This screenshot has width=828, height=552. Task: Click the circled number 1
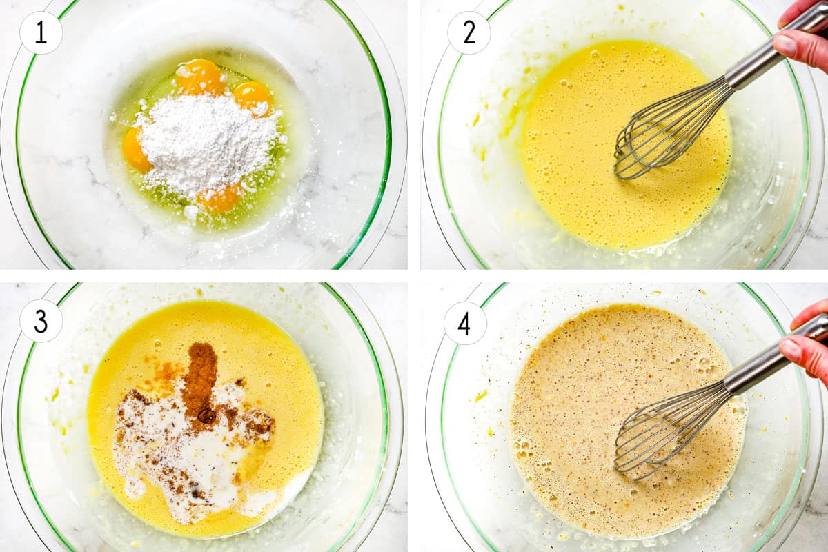pos(41,32)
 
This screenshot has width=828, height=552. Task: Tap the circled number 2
pos(469,32)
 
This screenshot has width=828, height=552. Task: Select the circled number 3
pos(41,321)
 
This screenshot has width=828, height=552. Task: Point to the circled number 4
pos(465,323)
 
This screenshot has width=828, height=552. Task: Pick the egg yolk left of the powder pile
pos(137,150)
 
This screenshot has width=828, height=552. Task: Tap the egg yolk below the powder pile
pos(219,198)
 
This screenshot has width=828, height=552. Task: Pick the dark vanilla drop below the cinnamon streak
pos(206,415)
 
